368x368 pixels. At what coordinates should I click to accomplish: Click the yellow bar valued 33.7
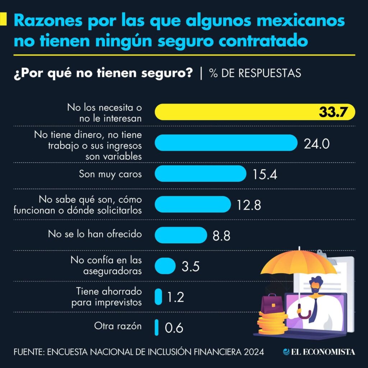[252, 112]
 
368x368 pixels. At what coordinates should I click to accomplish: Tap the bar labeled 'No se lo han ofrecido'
[181, 235]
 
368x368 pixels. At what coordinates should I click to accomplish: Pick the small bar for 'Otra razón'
[157, 327]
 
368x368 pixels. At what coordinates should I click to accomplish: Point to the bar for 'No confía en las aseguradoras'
[165, 266]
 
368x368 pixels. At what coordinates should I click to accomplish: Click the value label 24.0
[316, 144]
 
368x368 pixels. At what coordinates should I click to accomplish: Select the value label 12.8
[249, 205]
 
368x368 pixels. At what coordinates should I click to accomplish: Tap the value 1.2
[175, 297]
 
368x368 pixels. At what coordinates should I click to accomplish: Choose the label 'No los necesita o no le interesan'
[105, 112]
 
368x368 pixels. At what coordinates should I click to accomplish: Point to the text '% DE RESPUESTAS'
[255, 73]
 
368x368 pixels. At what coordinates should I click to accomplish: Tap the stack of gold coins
[272, 323]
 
